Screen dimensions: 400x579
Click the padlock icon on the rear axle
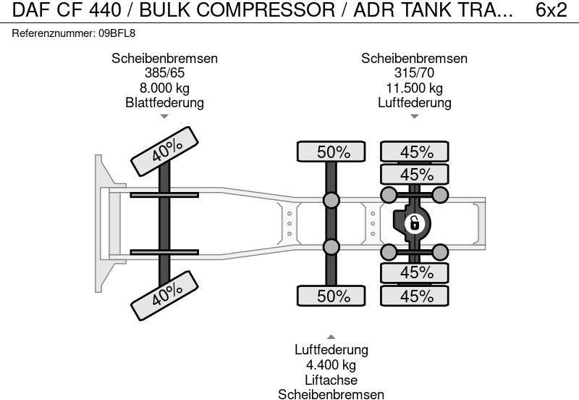[x=414, y=222]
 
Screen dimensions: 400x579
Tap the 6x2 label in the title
[x=551, y=10]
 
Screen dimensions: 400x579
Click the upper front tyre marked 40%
[x=166, y=151]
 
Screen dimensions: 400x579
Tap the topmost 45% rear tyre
[x=416, y=152]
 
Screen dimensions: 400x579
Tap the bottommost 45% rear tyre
[x=416, y=296]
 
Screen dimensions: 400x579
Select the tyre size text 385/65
[x=164, y=73]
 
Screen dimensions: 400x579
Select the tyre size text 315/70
[x=414, y=73]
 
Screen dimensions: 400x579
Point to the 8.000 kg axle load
[x=164, y=88]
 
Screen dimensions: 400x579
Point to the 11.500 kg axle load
[x=414, y=88]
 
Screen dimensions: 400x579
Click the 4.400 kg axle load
[x=331, y=364]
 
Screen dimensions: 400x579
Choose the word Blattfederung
[x=164, y=102]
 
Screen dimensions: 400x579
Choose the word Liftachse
[x=331, y=380]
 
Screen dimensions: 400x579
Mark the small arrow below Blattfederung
[x=164, y=116]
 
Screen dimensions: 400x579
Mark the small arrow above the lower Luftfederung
[x=331, y=337]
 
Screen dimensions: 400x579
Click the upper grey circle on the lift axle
[x=331, y=200]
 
